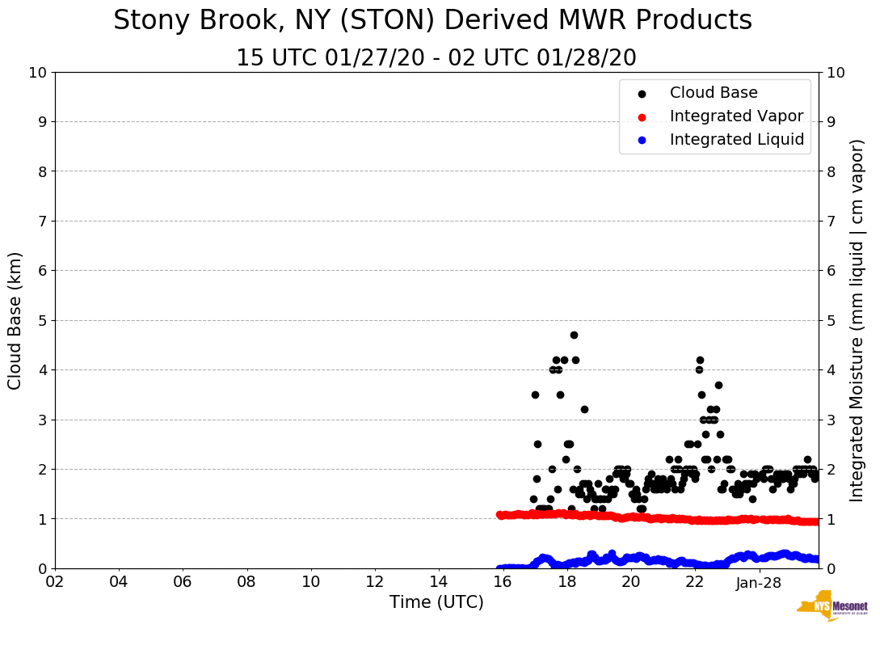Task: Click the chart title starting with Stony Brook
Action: [432, 21]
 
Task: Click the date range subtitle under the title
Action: [436, 58]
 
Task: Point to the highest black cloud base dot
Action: [574, 335]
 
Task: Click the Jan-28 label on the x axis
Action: [759, 583]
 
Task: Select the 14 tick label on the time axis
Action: [439, 583]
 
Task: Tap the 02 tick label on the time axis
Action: [55, 583]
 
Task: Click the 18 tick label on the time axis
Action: [567, 583]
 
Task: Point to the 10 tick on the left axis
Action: [37, 73]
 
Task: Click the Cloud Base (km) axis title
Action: [15, 320]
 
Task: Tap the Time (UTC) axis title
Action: [436, 602]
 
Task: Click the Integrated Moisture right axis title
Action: [858, 320]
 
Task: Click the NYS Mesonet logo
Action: [832, 608]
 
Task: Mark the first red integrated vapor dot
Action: [500, 514]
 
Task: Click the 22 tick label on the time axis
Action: [695, 583]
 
